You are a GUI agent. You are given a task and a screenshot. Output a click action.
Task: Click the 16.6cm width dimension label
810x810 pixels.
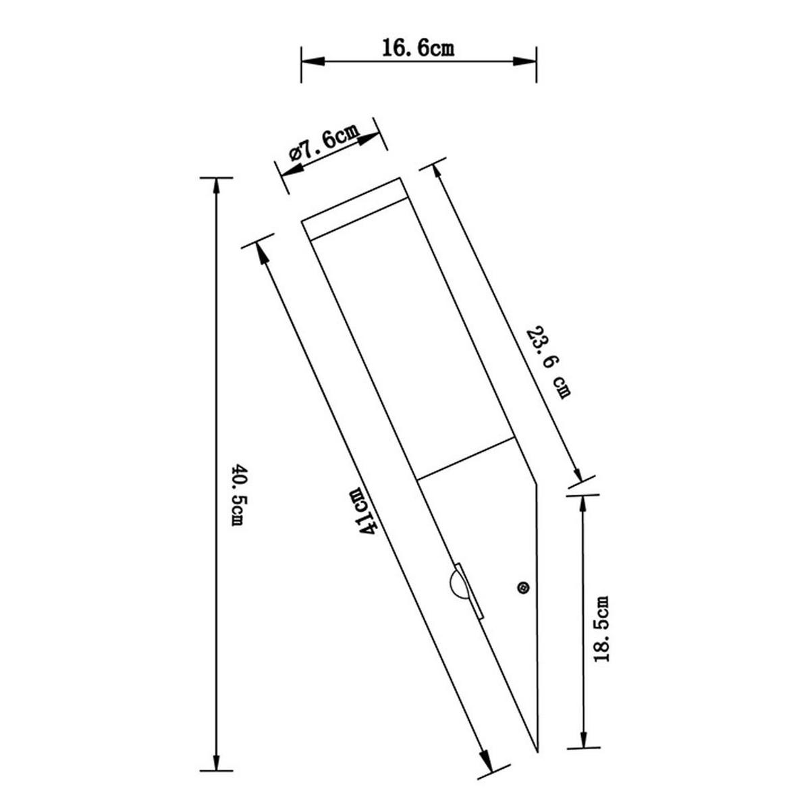pyautogui.click(x=418, y=49)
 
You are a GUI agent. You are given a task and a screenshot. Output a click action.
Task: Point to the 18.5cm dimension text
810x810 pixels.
pyautogui.click(x=603, y=628)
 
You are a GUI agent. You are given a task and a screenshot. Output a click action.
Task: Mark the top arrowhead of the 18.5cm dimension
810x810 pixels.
pyautogui.click(x=582, y=504)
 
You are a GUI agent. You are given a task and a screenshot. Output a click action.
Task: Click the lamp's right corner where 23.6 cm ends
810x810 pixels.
pyautogui.click(x=537, y=483)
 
